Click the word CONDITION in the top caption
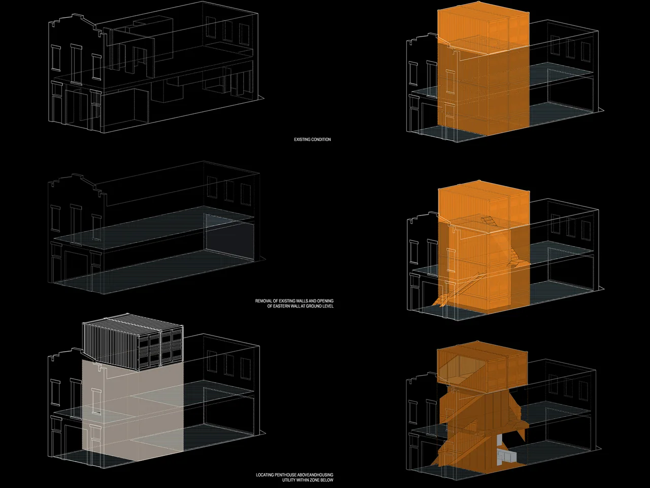(x=321, y=139)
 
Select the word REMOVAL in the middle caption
(x=263, y=301)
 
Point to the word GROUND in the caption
(x=314, y=306)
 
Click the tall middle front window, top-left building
(x=76, y=64)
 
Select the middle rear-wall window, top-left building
(x=229, y=31)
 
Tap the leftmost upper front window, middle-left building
(x=55, y=218)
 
